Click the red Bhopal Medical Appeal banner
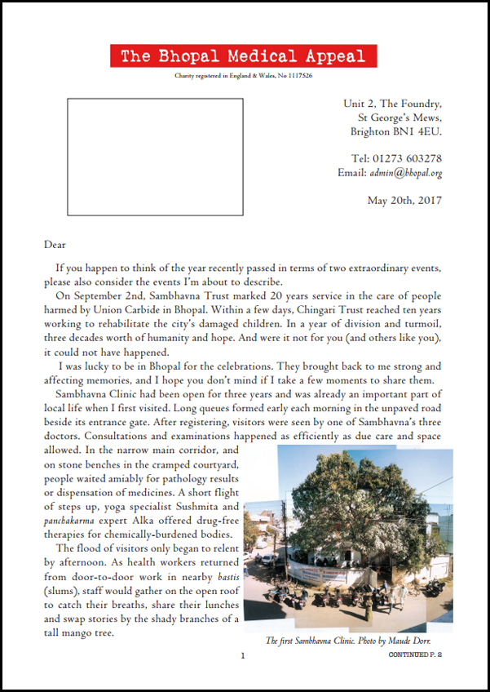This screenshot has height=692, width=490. (x=244, y=56)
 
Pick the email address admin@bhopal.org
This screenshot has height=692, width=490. (x=405, y=173)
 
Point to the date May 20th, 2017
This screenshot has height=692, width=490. (x=404, y=200)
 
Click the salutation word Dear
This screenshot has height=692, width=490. (x=55, y=243)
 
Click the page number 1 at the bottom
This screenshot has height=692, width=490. (x=243, y=654)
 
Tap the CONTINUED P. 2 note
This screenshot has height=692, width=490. (x=415, y=654)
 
